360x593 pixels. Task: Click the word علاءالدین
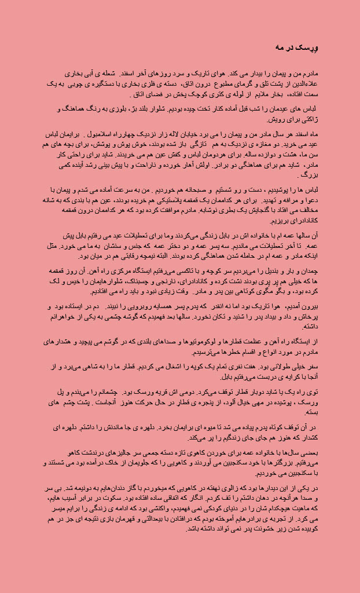pos(306,84)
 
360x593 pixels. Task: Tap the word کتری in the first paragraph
pos(185,94)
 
